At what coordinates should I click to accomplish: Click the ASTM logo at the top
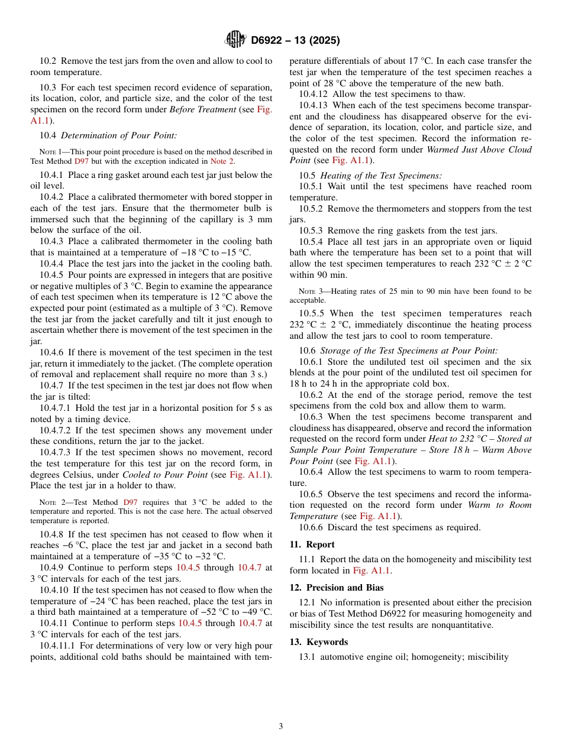point(235,40)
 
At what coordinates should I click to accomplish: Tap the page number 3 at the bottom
point(281,726)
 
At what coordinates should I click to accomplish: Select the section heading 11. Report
point(312,544)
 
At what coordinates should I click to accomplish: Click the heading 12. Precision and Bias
point(337,588)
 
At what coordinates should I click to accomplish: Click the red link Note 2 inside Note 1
point(222,161)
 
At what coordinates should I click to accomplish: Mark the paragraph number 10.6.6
point(311,527)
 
